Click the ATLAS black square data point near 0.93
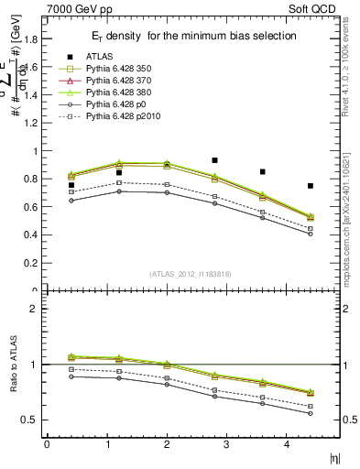[214, 160]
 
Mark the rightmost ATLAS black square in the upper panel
[311, 186]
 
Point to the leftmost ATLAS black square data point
[71, 185]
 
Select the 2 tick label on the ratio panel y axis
[36, 309]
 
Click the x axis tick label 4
[287, 444]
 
